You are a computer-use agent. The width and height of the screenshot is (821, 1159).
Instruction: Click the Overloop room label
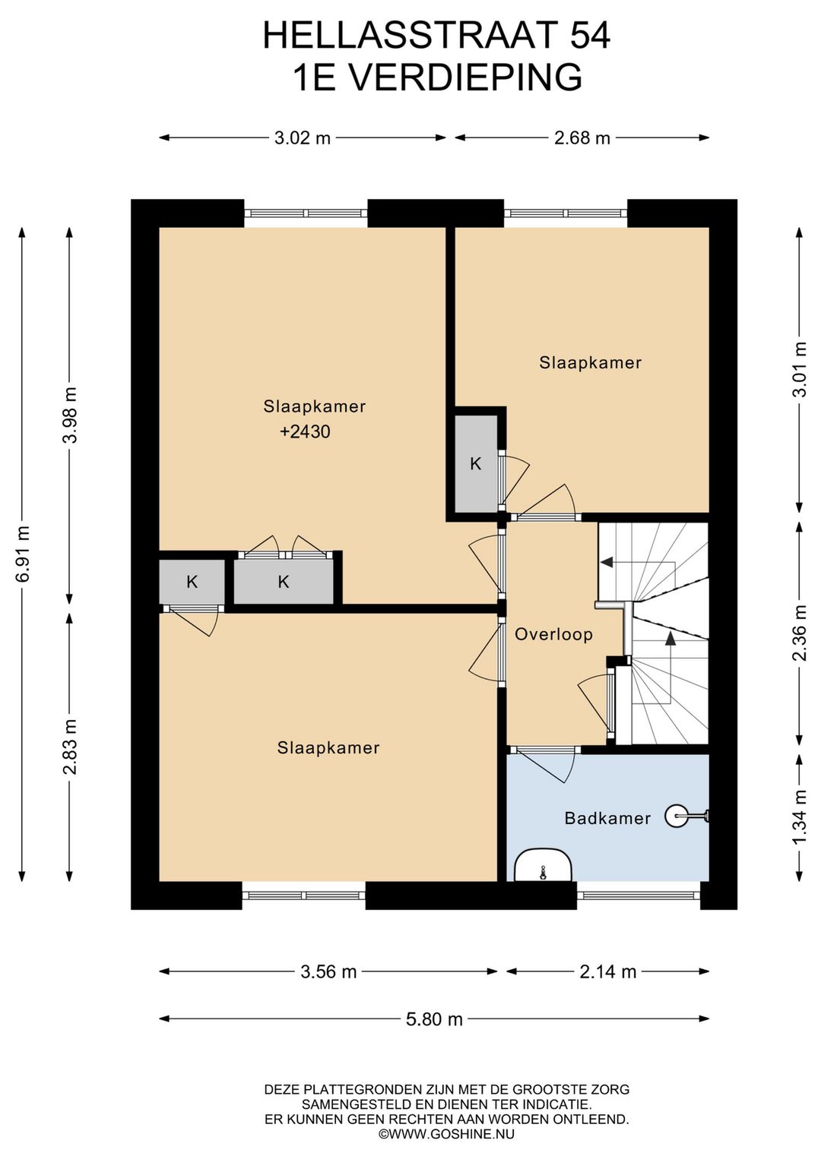coord(553,634)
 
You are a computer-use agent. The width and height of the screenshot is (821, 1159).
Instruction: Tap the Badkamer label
coord(607,818)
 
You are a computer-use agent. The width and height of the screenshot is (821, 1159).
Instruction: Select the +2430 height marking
coord(305,431)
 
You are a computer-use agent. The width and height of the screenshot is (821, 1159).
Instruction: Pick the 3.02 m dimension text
coord(302,137)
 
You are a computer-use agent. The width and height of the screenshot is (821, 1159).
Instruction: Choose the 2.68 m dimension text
coord(582,137)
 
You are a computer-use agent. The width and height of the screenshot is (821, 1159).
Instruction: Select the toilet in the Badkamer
coord(543,864)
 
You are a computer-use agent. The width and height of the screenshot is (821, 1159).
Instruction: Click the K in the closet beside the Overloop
coord(475,463)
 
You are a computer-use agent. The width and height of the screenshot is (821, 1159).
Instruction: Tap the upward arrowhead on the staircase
coord(670,638)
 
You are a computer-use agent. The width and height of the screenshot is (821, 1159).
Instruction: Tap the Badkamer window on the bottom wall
coord(639,895)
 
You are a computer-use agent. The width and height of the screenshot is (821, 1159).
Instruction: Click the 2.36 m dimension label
coord(800,632)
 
